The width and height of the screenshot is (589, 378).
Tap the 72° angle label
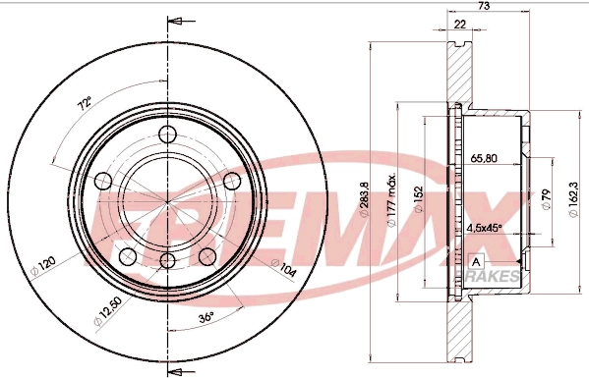(x=85, y=101)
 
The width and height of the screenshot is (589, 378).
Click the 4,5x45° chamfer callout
(x=484, y=228)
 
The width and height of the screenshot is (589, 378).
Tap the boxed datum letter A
(x=477, y=262)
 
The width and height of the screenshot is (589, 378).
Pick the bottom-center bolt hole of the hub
(x=167, y=261)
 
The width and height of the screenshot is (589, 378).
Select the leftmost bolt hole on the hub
(x=102, y=180)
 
